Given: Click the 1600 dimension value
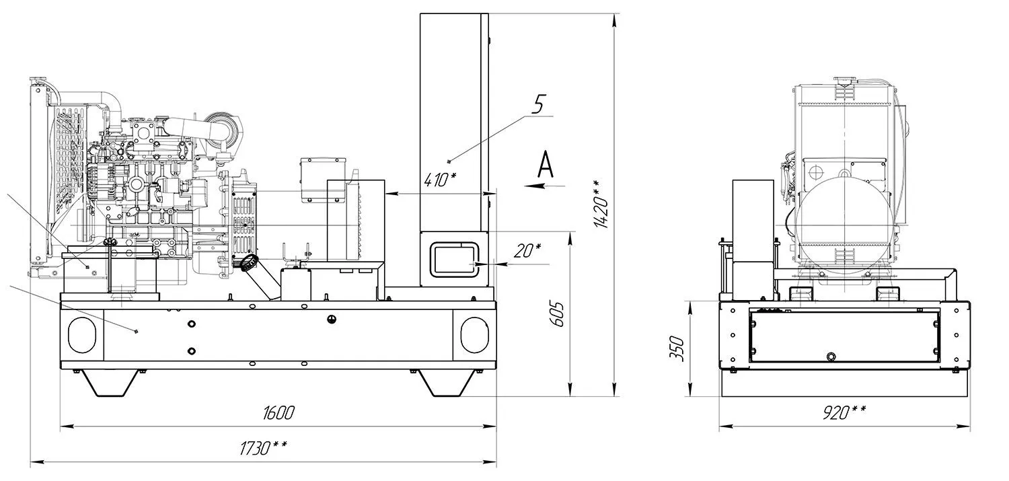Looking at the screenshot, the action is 278,412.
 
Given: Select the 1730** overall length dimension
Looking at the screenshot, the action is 263,448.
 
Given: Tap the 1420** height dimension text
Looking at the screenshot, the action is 602,204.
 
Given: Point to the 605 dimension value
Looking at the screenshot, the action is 557,314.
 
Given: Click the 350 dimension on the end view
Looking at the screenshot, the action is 677,348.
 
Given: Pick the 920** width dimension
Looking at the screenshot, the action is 844,412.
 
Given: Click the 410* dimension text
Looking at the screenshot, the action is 440,180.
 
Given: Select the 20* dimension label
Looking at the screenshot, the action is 527,251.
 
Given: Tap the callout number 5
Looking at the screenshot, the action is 538,104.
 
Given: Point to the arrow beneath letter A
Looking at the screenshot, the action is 544,185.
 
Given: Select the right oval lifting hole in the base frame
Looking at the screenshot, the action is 474,334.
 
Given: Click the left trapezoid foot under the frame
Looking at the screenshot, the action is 111,383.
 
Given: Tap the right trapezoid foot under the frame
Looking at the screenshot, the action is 447,383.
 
